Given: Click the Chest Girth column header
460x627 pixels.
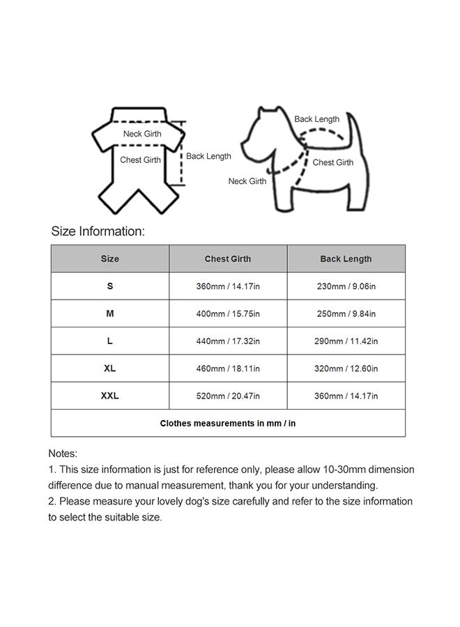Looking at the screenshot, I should click(x=227, y=258).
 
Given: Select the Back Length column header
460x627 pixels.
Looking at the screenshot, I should click(x=346, y=258).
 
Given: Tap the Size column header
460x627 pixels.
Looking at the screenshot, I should click(x=109, y=258).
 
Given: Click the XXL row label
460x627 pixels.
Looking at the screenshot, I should click(x=109, y=395).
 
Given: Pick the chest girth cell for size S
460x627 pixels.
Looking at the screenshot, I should click(x=227, y=286).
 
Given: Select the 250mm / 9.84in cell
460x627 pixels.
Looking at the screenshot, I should click(x=346, y=313).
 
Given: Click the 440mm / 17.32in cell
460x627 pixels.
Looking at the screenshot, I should click(x=227, y=341).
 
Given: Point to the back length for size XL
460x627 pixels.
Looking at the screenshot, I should click(x=346, y=369).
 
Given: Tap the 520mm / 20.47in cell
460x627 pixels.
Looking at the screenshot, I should click(x=227, y=396).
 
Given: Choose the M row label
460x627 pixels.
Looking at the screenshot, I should click(x=109, y=313).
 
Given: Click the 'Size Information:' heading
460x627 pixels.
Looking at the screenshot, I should click(x=98, y=231).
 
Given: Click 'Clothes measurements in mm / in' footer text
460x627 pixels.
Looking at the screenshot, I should click(x=227, y=423).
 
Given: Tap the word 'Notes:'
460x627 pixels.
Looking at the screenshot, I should click(x=63, y=454).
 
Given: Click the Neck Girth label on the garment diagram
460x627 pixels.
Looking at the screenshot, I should click(x=142, y=134).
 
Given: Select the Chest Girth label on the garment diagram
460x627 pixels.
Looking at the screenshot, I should click(x=140, y=160).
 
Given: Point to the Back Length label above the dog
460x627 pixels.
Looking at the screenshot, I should click(x=316, y=119).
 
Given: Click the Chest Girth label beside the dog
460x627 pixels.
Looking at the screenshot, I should click(x=332, y=162).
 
